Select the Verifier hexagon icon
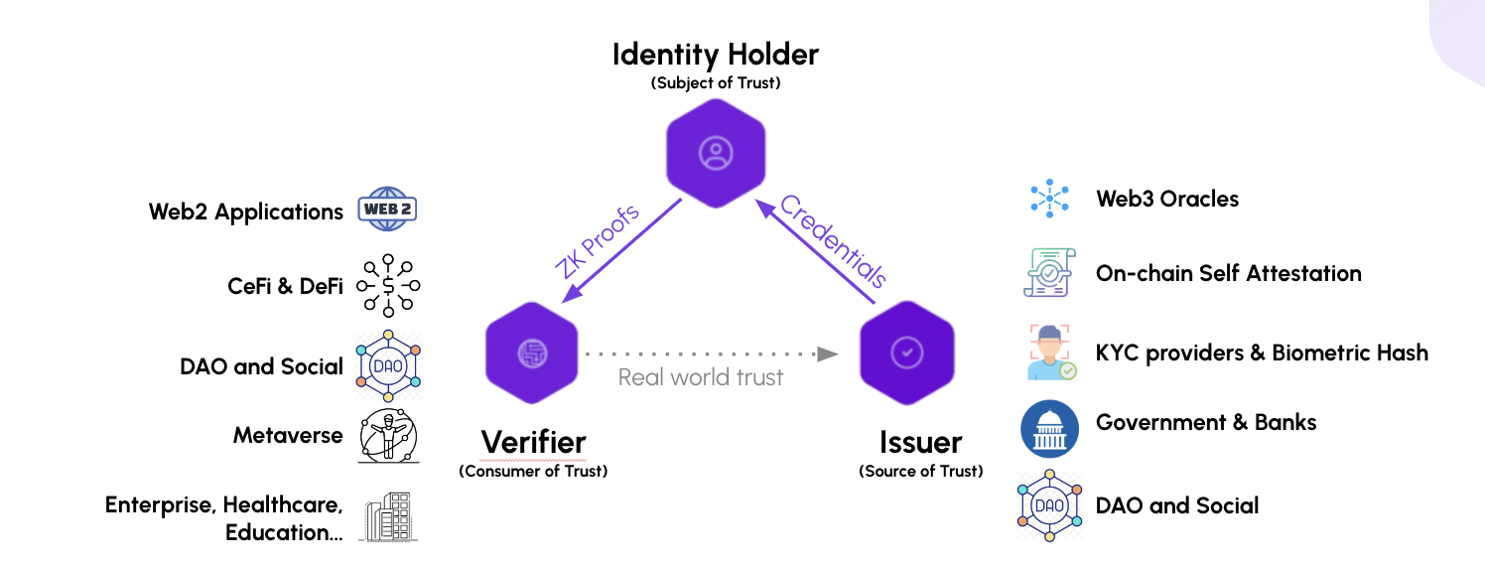(x=531, y=353)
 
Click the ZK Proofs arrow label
(x=597, y=241)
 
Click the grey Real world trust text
(x=701, y=377)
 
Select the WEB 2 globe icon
(x=388, y=210)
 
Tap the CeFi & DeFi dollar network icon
(x=388, y=286)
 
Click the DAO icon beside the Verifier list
(x=388, y=365)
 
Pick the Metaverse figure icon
(x=388, y=435)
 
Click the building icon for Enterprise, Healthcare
(x=388, y=516)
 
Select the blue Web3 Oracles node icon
(x=1049, y=199)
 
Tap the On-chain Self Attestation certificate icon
(x=1049, y=272)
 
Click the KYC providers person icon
(x=1049, y=353)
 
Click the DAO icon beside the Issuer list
(x=1049, y=506)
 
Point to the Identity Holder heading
(x=715, y=54)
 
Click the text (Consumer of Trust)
(x=533, y=471)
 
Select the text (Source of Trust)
(x=920, y=471)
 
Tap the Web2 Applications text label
(x=245, y=212)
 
